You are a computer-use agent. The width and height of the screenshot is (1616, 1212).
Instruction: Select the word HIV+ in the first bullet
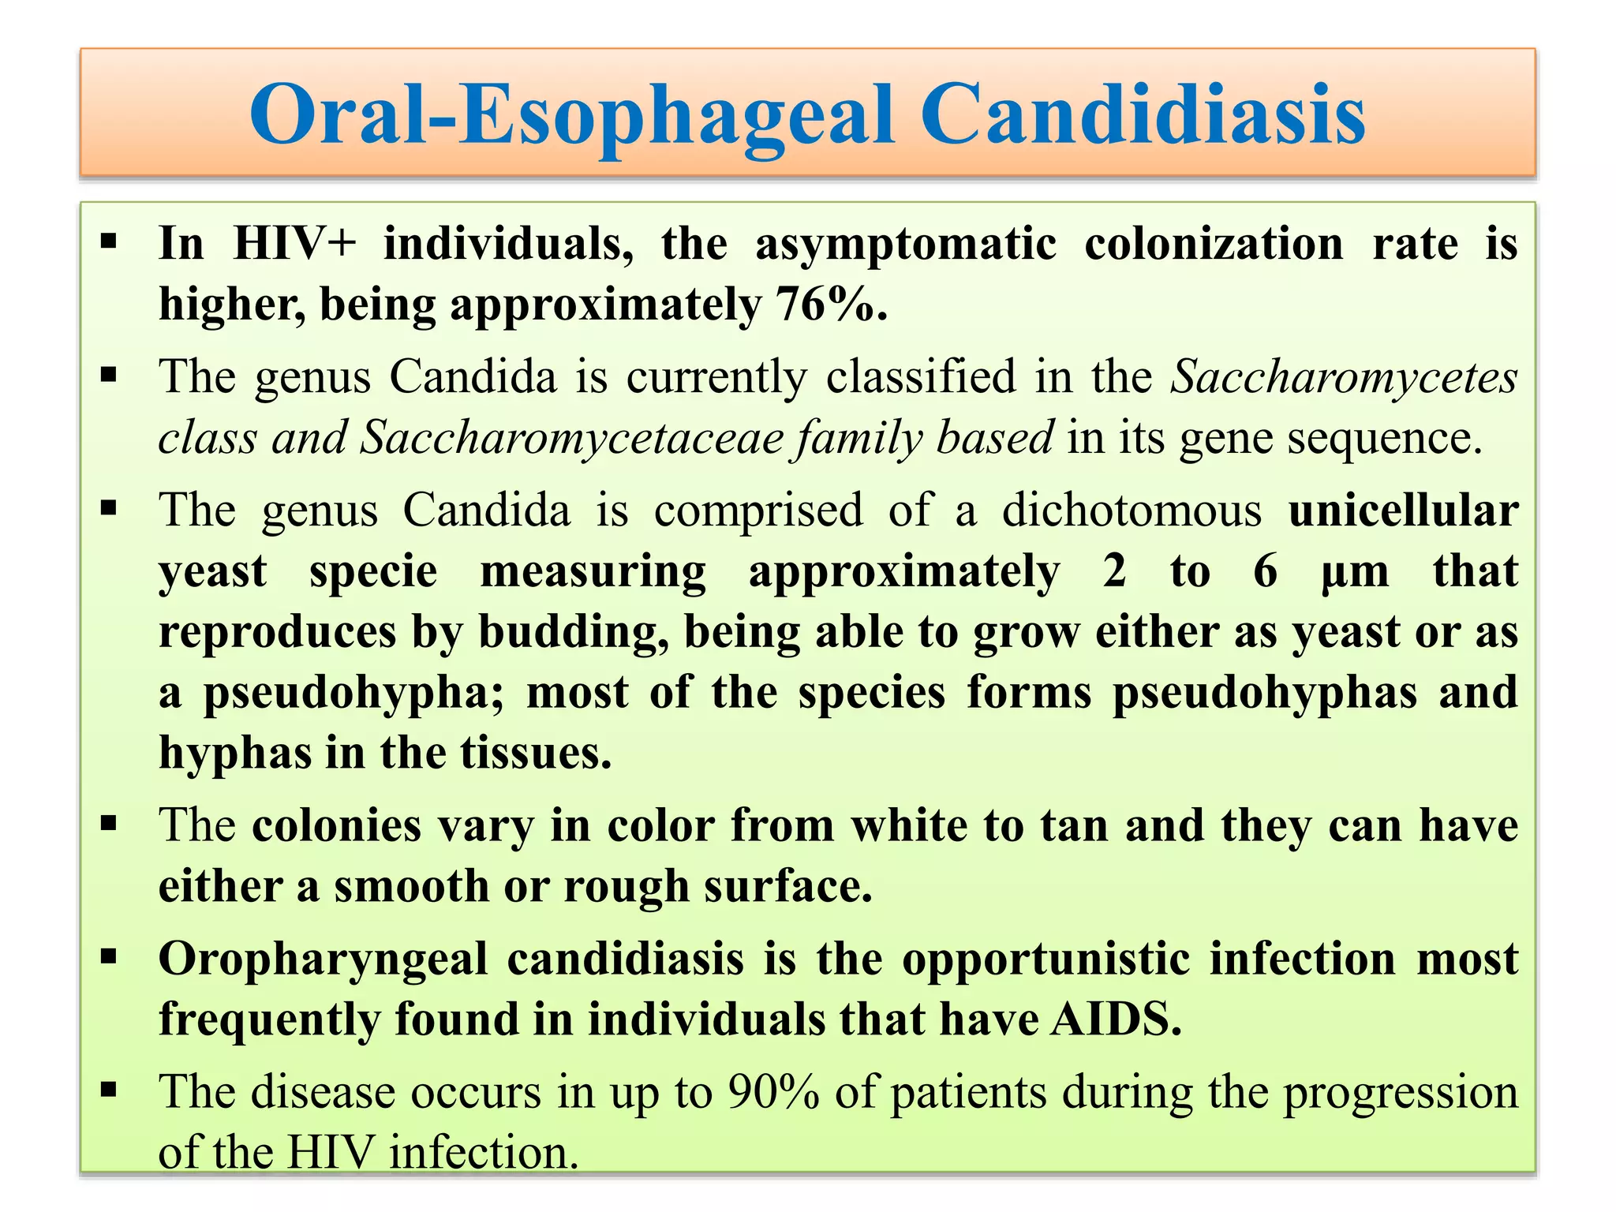point(294,244)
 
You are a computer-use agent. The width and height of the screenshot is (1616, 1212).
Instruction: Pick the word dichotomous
point(1132,511)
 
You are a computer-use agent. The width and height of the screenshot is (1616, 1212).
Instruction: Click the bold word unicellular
point(1403,511)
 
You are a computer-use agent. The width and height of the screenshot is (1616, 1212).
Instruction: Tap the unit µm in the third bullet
point(1354,571)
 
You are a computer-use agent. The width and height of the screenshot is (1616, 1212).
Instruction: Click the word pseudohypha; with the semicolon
point(353,693)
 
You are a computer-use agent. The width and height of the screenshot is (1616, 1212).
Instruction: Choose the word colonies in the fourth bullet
point(336,826)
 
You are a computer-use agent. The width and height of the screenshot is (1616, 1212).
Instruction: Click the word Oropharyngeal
point(323,959)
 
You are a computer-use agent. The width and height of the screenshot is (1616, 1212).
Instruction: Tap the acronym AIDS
point(1116,1020)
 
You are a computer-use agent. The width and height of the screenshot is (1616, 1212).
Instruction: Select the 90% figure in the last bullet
point(773,1093)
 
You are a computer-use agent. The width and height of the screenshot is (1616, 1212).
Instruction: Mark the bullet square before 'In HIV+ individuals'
point(109,240)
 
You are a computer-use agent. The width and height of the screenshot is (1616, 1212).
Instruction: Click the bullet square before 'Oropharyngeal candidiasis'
point(109,957)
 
